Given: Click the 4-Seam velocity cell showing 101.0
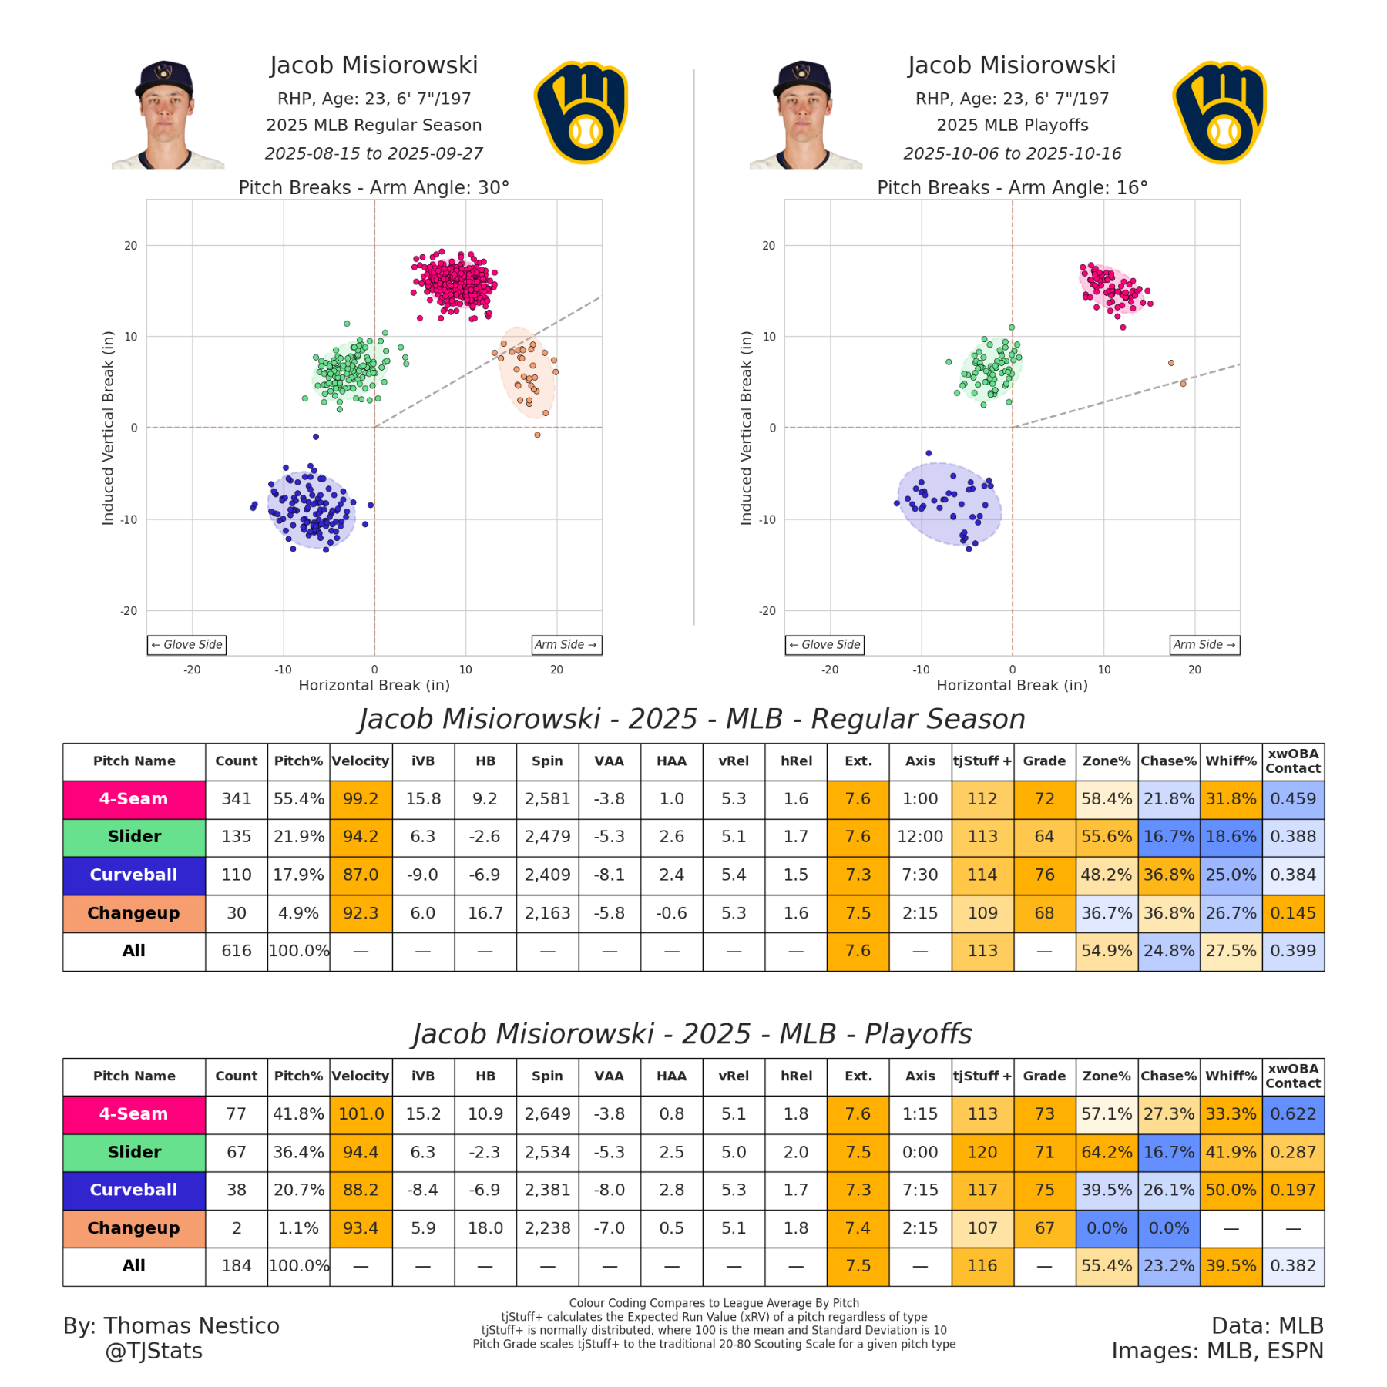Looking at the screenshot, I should tap(361, 1114).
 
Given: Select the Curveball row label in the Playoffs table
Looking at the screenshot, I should tap(134, 1190).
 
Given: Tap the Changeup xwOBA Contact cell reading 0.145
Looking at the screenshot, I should tap(1293, 913).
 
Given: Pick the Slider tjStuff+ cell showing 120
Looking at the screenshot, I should tap(982, 1152).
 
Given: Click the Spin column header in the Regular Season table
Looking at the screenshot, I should tap(547, 761).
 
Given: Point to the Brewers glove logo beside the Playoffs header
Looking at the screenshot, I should tap(1220, 113).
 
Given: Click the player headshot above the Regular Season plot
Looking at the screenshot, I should tap(166, 115).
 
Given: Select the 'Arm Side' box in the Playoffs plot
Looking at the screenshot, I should tap(1204, 645).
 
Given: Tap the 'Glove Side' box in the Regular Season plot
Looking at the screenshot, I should tap(186, 645).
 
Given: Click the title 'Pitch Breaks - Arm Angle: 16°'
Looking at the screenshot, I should tap(1012, 188).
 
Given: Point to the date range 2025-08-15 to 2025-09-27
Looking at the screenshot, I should tap(374, 153).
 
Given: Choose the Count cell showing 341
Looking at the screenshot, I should tap(237, 799).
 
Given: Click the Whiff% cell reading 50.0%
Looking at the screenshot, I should tap(1231, 1190).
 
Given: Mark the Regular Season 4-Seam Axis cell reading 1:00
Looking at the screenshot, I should tap(920, 799).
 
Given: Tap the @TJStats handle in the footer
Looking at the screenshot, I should tap(154, 1352).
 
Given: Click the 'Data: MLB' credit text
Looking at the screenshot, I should tap(1267, 1326).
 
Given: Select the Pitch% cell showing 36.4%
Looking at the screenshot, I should tap(298, 1152).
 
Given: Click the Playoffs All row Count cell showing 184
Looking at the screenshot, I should tap(237, 1266).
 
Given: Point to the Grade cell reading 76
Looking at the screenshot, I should tap(1044, 875).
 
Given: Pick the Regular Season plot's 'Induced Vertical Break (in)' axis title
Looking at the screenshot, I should tap(108, 428).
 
